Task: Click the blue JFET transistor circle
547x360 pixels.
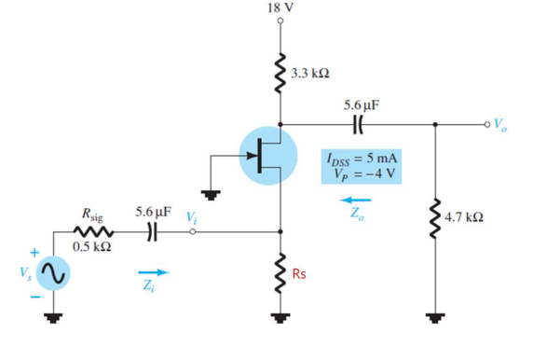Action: click(268, 155)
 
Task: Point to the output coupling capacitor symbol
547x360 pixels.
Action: click(359, 121)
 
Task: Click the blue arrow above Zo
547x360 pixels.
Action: click(355, 199)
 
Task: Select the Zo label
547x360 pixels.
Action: click(356, 214)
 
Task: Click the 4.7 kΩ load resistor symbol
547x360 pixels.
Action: click(434, 218)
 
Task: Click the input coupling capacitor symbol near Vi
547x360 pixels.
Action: click(155, 230)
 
